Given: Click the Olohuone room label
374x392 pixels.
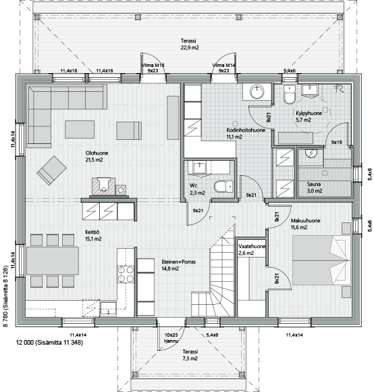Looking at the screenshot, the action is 97,153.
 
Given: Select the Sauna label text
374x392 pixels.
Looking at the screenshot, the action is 314,185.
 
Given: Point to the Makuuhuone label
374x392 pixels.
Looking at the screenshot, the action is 305,221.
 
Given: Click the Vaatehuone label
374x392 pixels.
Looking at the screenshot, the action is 252,246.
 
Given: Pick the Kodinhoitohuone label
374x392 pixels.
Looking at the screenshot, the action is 246,130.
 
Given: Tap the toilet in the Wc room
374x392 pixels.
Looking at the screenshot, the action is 223,187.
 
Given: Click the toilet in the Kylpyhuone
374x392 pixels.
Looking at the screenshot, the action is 290,95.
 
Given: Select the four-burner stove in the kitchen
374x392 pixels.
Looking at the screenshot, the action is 126,274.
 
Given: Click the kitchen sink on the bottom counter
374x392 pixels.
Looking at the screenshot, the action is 109,309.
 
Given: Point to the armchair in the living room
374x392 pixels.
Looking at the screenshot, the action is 52,170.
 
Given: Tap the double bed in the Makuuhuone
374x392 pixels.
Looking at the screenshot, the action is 321,260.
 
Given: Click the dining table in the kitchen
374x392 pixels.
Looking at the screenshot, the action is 53,261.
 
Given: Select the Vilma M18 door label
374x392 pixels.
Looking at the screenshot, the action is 153,66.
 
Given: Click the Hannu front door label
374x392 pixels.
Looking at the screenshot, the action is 171,341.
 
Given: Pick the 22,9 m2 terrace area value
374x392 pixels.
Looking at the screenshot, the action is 190,47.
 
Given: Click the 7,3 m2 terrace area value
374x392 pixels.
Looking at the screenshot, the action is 190,358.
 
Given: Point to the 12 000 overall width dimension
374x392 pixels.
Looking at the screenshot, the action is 25,342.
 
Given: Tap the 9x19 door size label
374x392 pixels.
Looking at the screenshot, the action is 337,142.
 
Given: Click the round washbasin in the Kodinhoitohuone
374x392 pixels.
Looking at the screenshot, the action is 257,92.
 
